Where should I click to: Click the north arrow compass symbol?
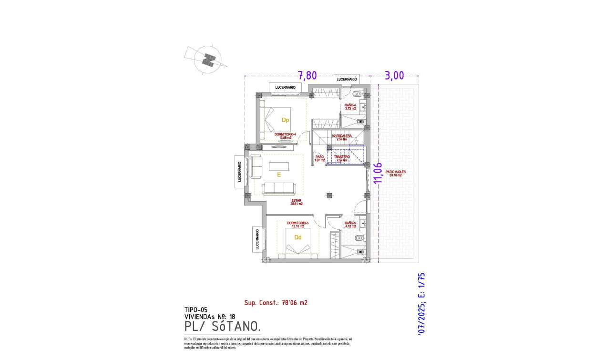coord(208,60)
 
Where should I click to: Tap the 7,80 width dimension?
coord(307,75)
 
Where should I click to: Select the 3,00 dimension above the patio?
coord(394,75)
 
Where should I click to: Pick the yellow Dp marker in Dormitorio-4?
coord(285,120)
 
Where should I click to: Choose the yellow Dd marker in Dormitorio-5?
coord(298,237)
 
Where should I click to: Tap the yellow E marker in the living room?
coord(279,175)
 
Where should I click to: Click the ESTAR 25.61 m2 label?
coord(297,202)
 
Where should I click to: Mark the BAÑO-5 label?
coord(350,224)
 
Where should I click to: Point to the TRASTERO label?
coord(342,158)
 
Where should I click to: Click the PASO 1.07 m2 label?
coord(319,158)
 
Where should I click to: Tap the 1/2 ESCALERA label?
coord(342,137)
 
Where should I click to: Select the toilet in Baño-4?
coord(358,94)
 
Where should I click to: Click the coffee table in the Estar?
coord(278,166)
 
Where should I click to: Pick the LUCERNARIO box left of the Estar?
coord(240,171)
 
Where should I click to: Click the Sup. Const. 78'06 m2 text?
coord(276,302)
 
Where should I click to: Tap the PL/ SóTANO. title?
coord(222,327)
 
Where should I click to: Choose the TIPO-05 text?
coord(195,309)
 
